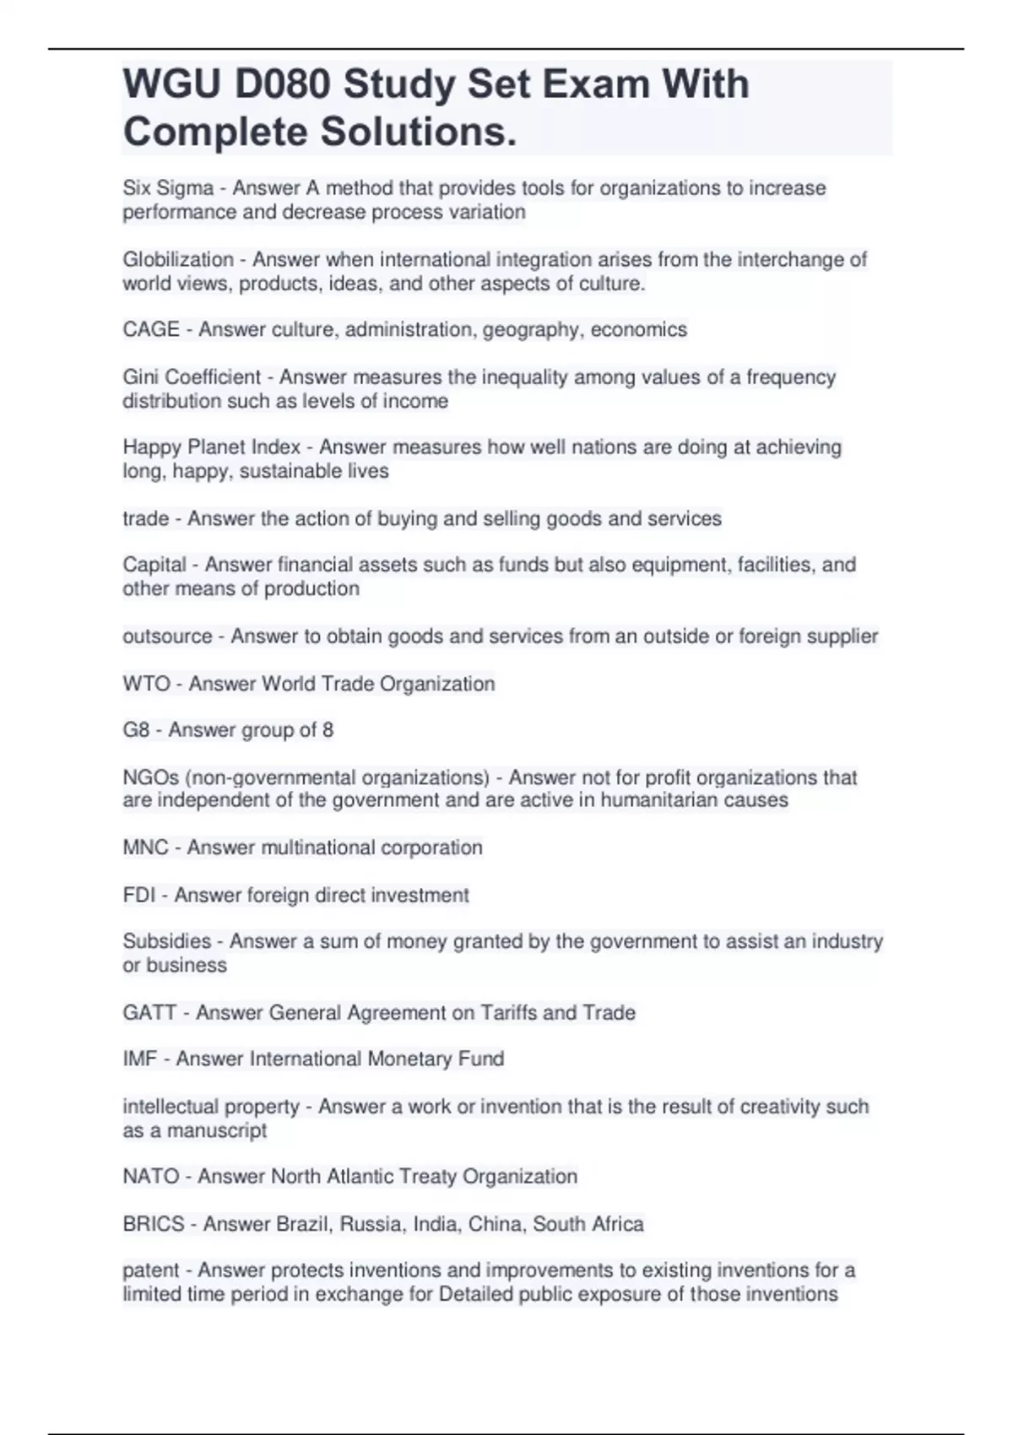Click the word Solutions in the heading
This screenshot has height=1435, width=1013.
(418, 132)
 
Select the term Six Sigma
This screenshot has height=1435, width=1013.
(168, 188)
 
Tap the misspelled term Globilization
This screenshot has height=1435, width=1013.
(178, 260)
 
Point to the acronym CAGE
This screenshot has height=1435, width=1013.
(151, 329)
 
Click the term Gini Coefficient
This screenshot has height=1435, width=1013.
(192, 377)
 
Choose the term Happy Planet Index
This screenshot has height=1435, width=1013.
(211, 447)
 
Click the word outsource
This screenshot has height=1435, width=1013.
(167, 636)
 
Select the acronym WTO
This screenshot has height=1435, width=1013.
(146, 684)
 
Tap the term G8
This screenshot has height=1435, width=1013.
(136, 730)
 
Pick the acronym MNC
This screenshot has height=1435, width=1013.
(145, 847)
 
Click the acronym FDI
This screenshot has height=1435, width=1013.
(139, 896)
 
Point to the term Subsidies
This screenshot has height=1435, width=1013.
(167, 941)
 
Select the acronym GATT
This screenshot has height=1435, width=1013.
(149, 1013)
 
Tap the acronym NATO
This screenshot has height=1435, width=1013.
(151, 1177)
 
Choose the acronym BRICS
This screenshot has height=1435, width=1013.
(154, 1225)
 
